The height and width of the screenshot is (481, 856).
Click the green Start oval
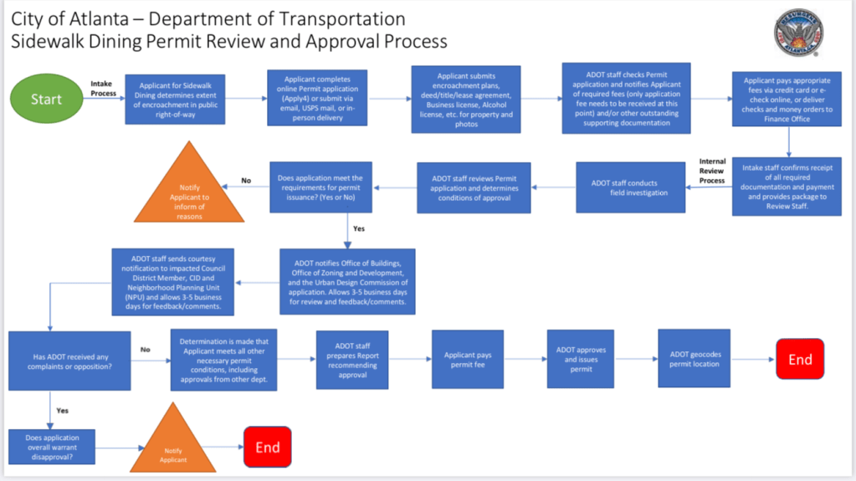(x=46, y=98)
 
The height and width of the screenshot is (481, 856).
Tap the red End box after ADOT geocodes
(x=799, y=359)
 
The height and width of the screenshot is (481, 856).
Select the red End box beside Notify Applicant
(x=267, y=447)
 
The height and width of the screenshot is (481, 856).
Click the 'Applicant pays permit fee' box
(x=467, y=360)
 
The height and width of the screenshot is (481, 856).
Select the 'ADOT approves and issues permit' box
(x=581, y=359)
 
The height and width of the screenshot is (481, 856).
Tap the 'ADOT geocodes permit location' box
(x=694, y=358)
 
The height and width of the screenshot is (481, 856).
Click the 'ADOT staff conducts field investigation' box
(x=629, y=187)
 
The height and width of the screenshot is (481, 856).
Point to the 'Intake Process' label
(x=104, y=88)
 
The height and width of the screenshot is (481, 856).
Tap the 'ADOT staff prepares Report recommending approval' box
(x=351, y=360)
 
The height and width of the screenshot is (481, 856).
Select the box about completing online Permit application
(x=317, y=97)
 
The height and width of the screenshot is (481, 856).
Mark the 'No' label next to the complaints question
(x=145, y=350)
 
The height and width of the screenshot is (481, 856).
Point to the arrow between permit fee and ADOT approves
(x=525, y=359)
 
